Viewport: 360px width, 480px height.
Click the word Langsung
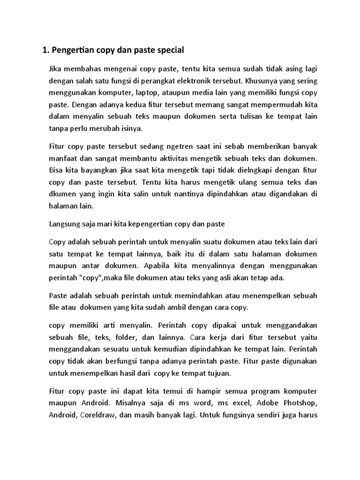click(x=65, y=224)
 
